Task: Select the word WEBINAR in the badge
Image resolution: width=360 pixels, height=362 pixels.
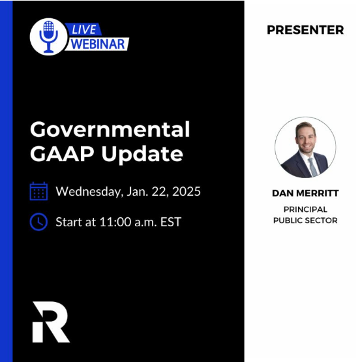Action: pos(98,44)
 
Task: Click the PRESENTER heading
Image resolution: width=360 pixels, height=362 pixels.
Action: pos(305,30)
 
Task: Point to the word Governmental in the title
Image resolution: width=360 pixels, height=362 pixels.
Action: pos(110,129)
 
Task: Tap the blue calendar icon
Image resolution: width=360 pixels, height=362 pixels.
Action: pos(38,192)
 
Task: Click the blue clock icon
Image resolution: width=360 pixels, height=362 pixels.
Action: pos(38,222)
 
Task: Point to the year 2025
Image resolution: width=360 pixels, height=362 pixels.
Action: pos(186,192)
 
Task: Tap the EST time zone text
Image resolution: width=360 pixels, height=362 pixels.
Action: pos(170,222)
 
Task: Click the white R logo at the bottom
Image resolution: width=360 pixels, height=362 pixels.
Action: pos(50,322)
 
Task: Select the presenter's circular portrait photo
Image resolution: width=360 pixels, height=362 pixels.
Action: pos(305,147)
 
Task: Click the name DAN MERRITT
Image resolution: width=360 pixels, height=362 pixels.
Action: pos(305,194)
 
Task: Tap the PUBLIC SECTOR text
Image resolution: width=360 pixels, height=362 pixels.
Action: pos(305,220)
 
